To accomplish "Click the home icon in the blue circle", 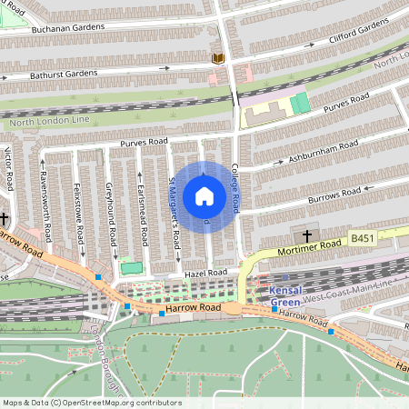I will (204, 196).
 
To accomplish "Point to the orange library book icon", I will (217, 58).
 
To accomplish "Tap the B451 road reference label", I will (363, 238).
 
